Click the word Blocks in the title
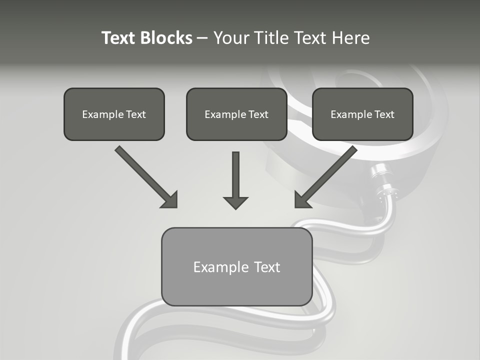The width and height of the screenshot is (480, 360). pyautogui.click(x=166, y=38)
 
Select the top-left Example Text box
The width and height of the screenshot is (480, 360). pyautogui.click(x=114, y=114)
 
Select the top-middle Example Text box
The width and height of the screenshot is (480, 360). pyautogui.click(x=236, y=114)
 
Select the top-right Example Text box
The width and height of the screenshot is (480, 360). pyautogui.click(x=362, y=114)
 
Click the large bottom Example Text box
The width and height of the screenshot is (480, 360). pyautogui.click(x=236, y=266)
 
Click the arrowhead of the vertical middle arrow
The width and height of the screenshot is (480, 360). pyautogui.click(x=235, y=202)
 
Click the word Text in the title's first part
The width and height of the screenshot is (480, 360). pyautogui.click(x=119, y=38)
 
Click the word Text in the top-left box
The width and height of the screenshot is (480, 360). pyautogui.click(x=136, y=114)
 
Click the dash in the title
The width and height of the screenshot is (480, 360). pyautogui.click(x=202, y=38)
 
